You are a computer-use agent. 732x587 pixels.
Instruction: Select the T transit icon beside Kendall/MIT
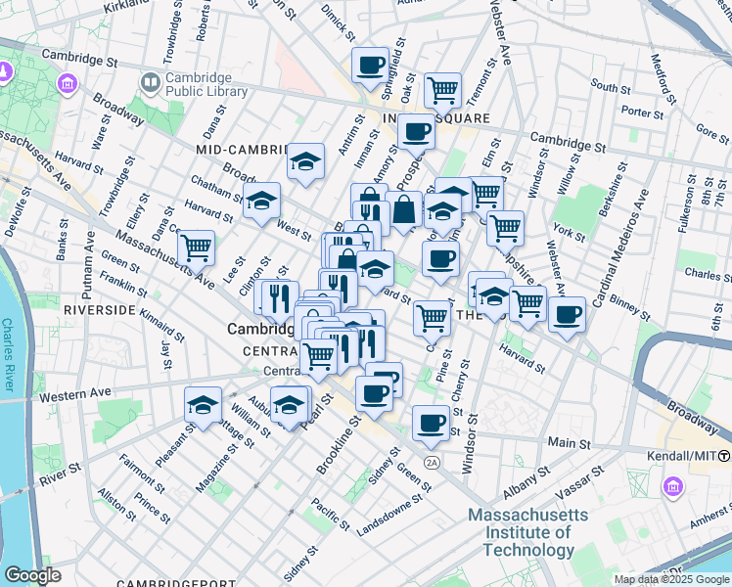[724, 456]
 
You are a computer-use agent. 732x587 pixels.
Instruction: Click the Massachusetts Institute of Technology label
[528, 532]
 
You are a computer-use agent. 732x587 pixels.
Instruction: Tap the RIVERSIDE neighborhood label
[98, 309]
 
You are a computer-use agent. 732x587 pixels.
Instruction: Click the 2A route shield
[432, 462]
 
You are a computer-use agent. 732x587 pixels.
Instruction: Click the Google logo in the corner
[32, 575]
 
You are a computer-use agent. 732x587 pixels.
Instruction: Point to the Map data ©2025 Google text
[671, 579]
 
